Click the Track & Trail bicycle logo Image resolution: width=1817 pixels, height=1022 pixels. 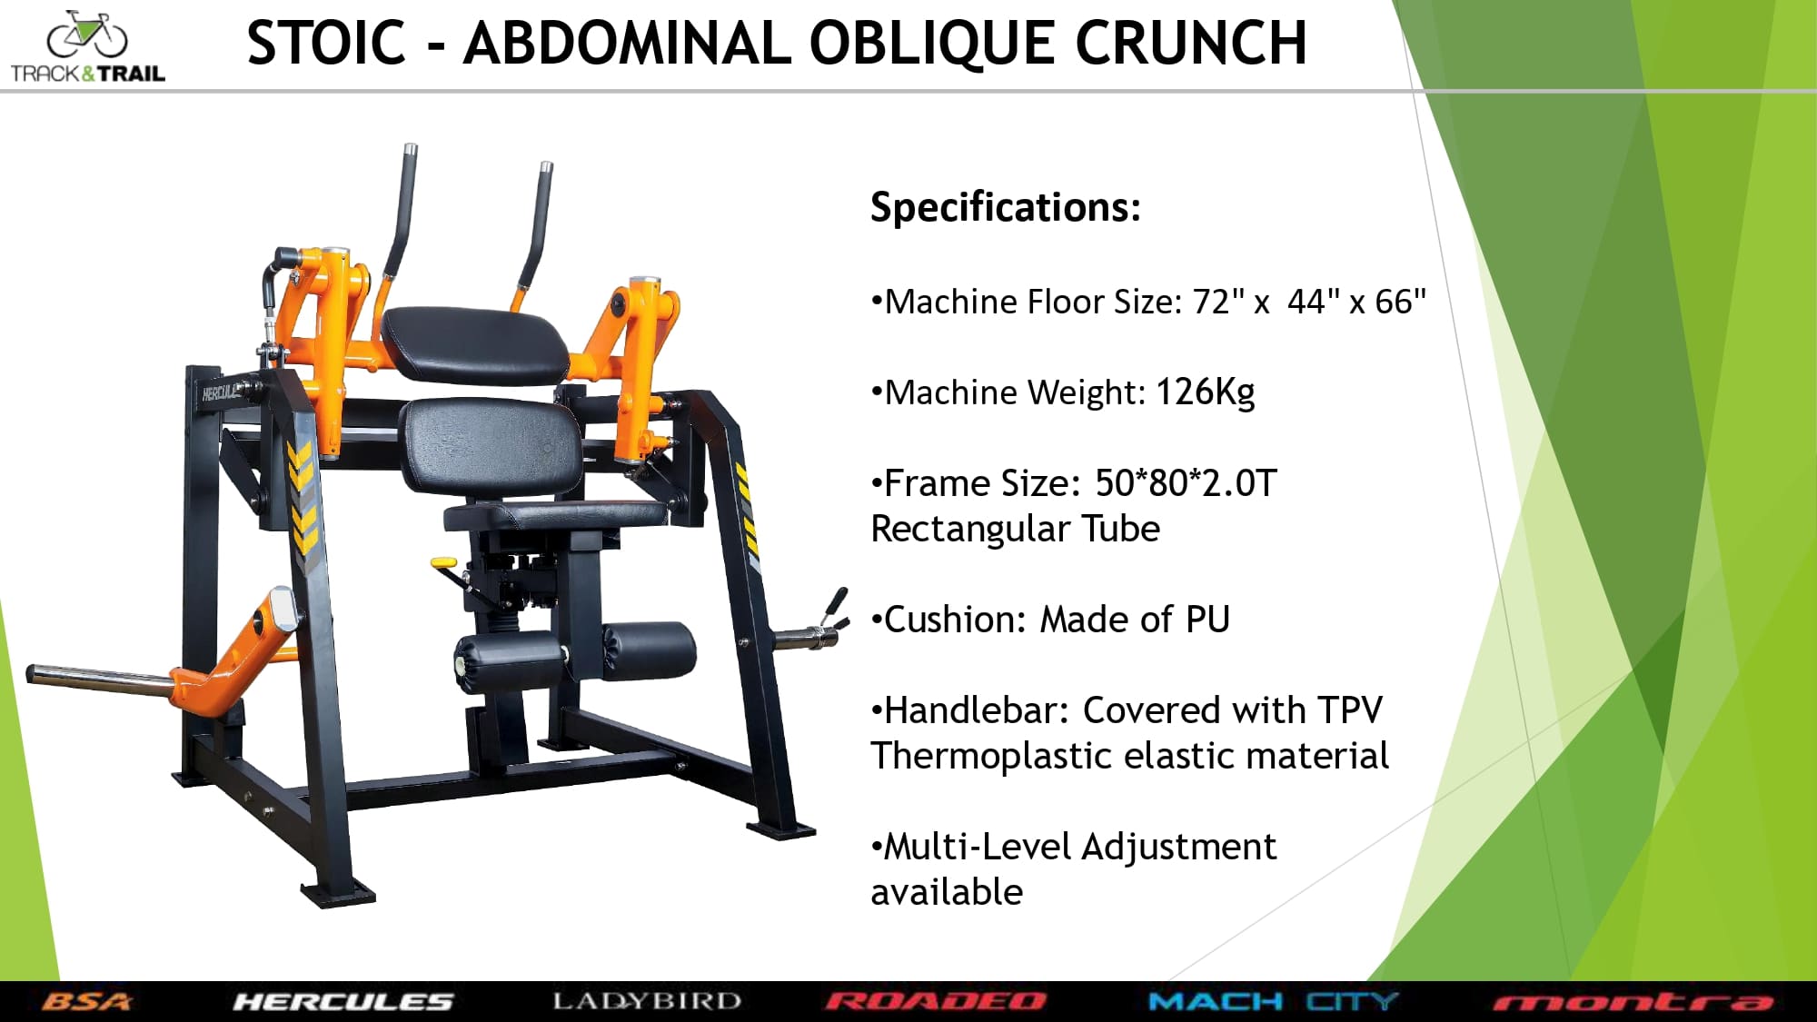87,47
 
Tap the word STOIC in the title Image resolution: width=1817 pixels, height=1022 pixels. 326,43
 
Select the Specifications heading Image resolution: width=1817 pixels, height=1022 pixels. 1005,207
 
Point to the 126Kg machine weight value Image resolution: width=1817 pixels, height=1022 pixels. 1206,392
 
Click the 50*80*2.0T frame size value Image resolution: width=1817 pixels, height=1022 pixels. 1186,483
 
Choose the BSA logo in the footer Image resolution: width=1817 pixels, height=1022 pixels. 86,1002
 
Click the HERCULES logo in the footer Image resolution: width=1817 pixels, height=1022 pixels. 343,1002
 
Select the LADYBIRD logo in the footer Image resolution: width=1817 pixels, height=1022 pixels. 647,1001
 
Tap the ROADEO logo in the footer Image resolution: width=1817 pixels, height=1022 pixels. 936,1002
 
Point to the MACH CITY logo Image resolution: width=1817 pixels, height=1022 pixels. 1274,1002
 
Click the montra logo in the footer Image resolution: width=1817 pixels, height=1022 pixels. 1633,1003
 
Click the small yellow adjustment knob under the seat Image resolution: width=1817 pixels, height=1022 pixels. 444,564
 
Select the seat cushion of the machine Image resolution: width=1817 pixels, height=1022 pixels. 555,515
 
